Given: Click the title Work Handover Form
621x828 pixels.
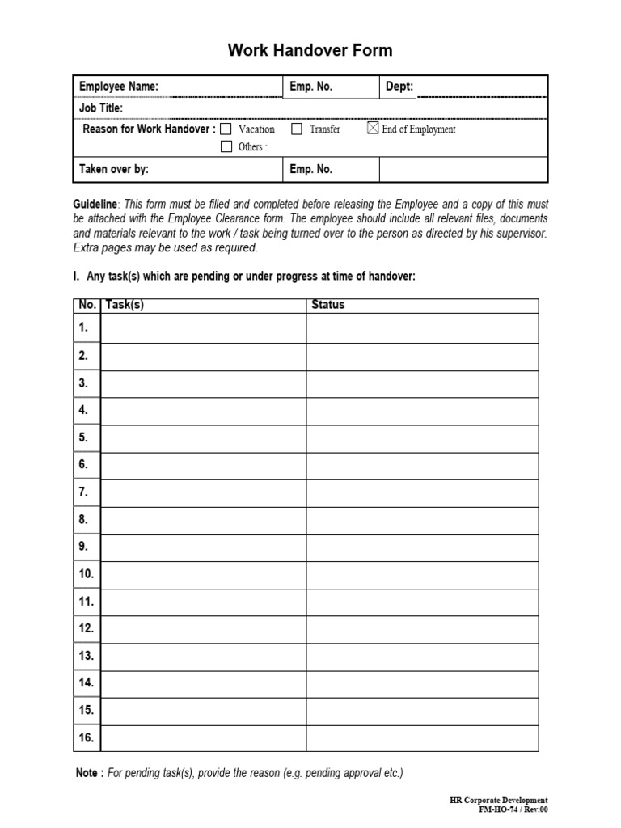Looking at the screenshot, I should pos(310,50).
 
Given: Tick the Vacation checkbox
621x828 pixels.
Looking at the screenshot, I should pos(226,129).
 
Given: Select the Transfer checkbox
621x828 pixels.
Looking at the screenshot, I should pos(297,129).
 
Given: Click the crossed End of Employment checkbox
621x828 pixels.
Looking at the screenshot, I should pos(373,129).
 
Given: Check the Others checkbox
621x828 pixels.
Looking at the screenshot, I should pos(226,146).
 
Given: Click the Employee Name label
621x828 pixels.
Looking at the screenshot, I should pos(118,87).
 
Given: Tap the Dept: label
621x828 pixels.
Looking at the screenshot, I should pos(399,87).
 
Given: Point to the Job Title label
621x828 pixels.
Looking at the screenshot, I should pos(101,108).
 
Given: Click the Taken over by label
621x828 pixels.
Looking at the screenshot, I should pos(114,169).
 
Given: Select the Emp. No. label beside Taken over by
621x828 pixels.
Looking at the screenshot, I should pos(310,169).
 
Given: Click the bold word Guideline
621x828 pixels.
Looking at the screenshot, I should pos(95,205).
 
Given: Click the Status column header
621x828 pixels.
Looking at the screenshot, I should pos(327,305).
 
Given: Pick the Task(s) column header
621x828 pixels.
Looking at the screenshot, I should pos(125,305).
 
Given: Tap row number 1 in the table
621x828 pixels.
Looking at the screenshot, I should pos(84,327).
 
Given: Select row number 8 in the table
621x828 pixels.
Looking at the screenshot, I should pos(84,519).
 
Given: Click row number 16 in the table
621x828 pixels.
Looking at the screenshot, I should pos(87,737).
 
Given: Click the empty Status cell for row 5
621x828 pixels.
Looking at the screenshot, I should pos(421,437).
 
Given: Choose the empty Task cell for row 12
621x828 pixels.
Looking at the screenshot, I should pos(203,628).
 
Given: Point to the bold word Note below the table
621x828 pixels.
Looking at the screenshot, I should pos(89,773).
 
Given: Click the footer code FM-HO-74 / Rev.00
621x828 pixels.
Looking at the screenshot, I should pos(513,809).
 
